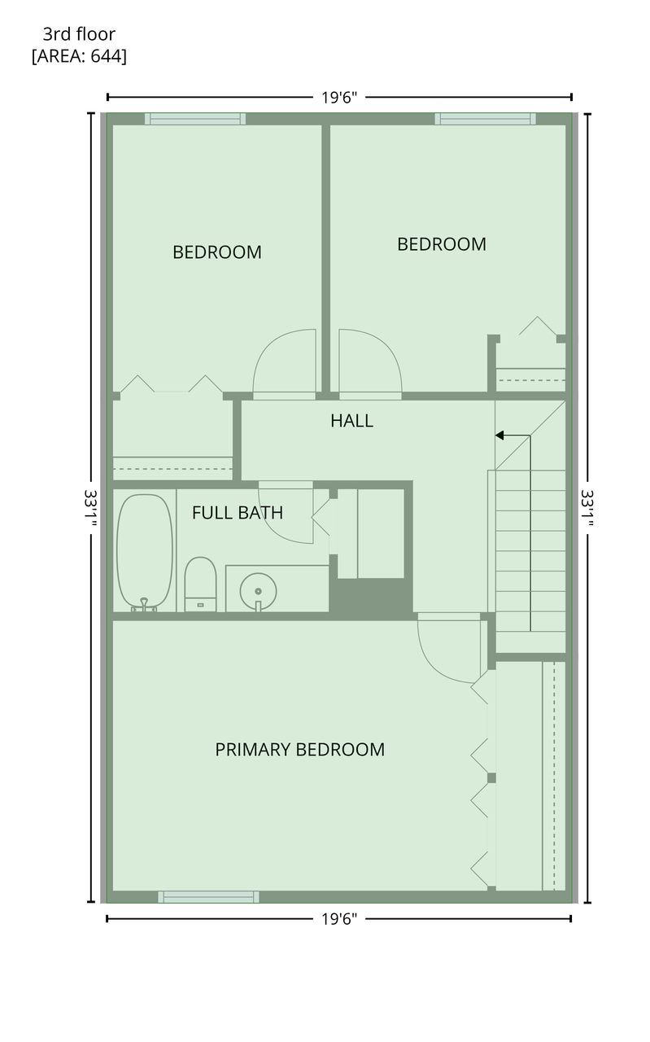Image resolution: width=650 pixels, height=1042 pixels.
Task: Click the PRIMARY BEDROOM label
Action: click(x=300, y=750)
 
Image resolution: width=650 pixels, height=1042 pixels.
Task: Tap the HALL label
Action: click(x=352, y=421)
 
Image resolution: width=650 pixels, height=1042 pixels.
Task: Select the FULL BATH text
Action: click(x=238, y=513)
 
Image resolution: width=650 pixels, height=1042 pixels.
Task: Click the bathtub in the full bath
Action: click(x=145, y=553)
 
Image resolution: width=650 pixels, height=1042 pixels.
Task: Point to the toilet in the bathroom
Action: click(x=200, y=584)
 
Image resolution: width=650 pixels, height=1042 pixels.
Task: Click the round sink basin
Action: click(x=258, y=591)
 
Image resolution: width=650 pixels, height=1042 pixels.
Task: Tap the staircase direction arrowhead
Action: click(x=499, y=436)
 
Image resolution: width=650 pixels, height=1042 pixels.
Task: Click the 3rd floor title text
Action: click(x=79, y=34)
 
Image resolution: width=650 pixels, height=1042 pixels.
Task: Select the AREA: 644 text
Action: click(x=79, y=56)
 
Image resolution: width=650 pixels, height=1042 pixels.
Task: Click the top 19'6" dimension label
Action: click(x=339, y=98)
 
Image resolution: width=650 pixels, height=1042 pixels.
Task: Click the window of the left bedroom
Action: click(x=195, y=119)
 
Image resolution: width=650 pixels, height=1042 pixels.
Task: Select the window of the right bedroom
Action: click(x=486, y=119)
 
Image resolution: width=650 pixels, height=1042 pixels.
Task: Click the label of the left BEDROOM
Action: click(x=217, y=252)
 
